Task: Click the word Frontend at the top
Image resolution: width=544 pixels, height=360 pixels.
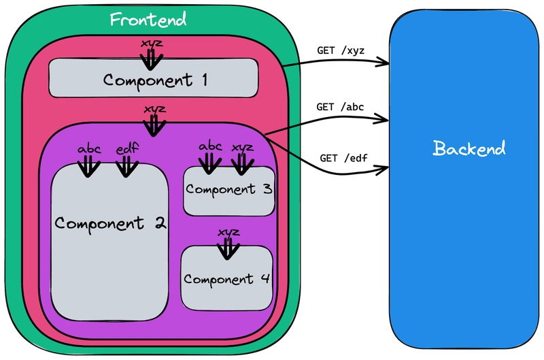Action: [148, 19]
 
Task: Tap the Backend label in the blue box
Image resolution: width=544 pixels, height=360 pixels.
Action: [469, 148]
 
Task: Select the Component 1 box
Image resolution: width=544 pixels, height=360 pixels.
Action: [154, 79]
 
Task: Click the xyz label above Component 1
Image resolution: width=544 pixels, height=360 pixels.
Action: [151, 44]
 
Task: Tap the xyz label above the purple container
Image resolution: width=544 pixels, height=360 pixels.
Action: [155, 108]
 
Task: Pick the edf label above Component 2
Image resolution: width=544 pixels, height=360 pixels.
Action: [126, 148]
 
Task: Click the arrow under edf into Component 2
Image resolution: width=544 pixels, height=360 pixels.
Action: [126, 165]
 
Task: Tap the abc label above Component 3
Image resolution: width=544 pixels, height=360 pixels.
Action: [210, 145]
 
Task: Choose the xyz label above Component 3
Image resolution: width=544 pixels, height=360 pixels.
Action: [241, 146]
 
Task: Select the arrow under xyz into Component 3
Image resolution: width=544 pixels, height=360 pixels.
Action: [241, 162]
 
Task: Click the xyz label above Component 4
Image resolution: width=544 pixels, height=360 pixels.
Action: [228, 232]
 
